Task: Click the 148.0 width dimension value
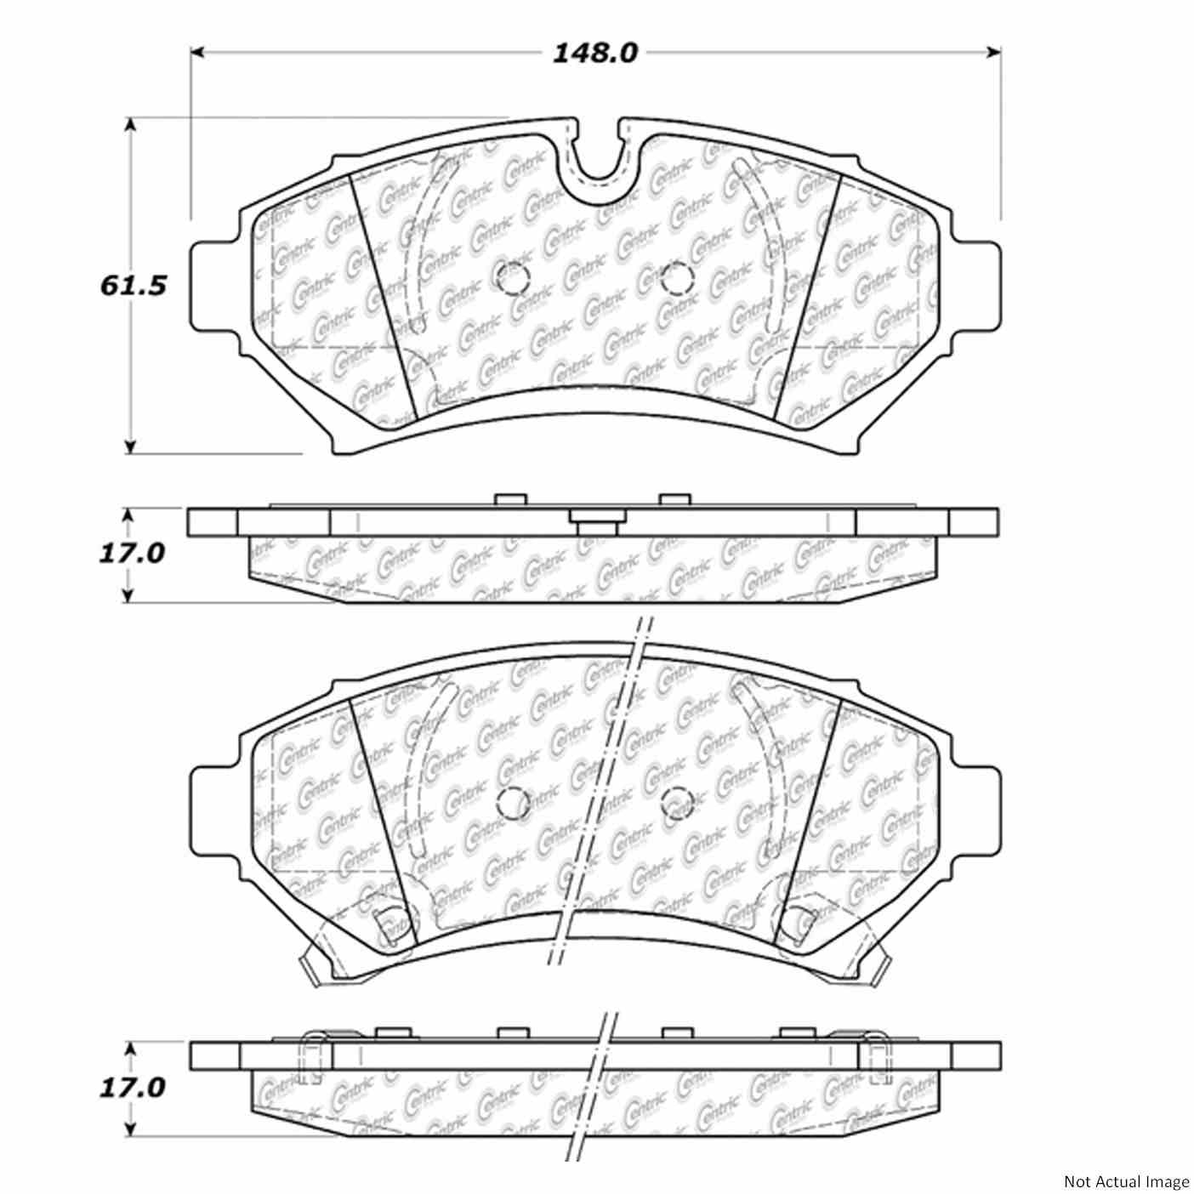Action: pyautogui.click(x=594, y=54)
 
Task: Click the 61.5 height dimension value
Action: pyautogui.click(x=132, y=285)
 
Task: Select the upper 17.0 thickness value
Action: pyautogui.click(x=131, y=554)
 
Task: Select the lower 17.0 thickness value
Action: pyautogui.click(x=131, y=1088)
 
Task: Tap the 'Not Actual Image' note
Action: pyautogui.click(x=1126, y=1181)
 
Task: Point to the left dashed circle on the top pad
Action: pyautogui.click(x=512, y=277)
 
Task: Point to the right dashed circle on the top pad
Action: pyautogui.click(x=677, y=277)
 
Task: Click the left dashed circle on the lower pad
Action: pyautogui.click(x=512, y=799)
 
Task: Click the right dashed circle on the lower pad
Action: pyautogui.click(x=677, y=799)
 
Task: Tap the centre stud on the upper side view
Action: pyautogui.click(x=595, y=520)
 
